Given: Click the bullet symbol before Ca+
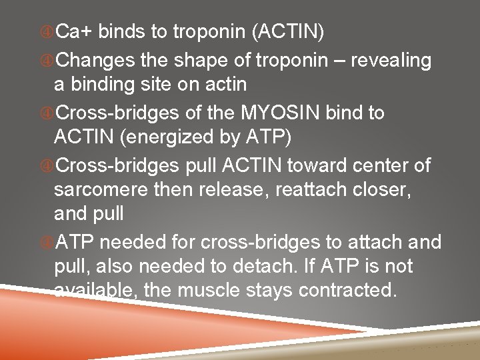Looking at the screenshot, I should [47, 31].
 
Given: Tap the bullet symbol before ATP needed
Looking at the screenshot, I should [47, 241].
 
